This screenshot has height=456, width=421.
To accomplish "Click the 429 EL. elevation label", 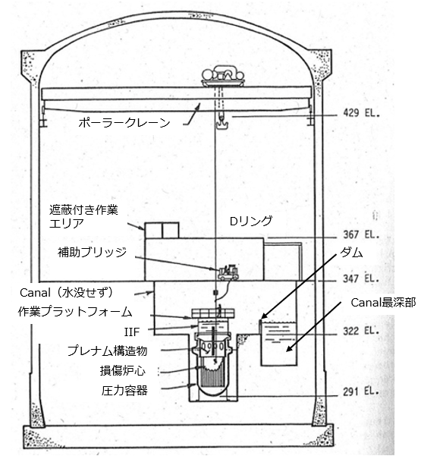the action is pyautogui.click(x=361, y=113).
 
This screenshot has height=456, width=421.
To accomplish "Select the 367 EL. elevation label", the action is pyautogui.click(x=361, y=234).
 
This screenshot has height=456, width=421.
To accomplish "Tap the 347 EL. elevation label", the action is pyautogui.click(x=361, y=279).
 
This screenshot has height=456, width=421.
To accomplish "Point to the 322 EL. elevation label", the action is pyautogui.click(x=361, y=331).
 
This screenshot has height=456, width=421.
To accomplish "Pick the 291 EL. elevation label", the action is pyautogui.click(x=361, y=392).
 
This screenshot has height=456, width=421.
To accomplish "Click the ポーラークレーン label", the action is pyautogui.click(x=124, y=123).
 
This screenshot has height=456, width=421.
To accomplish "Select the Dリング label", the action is pyautogui.click(x=251, y=222).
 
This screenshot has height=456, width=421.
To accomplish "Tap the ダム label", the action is pyautogui.click(x=351, y=253).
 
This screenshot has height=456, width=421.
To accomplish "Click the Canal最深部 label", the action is pyautogui.click(x=383, y=303).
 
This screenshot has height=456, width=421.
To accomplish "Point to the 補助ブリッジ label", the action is pyautogui.click(x=93, y=252).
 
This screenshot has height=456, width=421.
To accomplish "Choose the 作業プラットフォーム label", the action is pyautogui.click(x=75, y=312).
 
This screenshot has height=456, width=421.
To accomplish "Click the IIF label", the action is pyautogui.click(x=132, y=332).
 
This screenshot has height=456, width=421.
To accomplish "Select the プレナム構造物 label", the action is pyautogui.click(x=107, y=351).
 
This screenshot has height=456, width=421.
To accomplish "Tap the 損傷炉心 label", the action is pyautogui.click(x=122, y=370).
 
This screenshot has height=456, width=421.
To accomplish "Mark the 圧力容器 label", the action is pyautogui.click(x=124, y=390).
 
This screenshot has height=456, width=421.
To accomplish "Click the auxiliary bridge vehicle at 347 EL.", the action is pyautogui.click(x=228, y=272).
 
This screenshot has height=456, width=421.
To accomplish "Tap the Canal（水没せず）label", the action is pyautogui.click(x=66, y=293).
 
